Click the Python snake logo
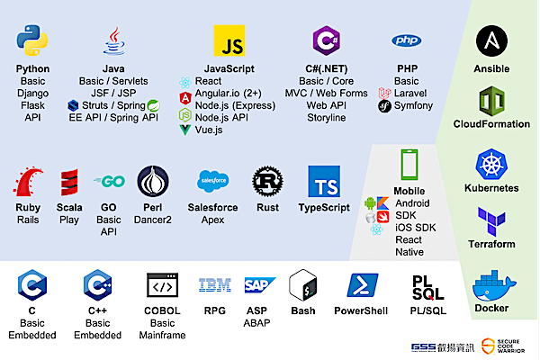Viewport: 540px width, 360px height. tap(32, 41)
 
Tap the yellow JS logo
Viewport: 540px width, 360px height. tap(229, 41)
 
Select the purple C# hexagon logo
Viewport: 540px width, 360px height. tap(325, 41)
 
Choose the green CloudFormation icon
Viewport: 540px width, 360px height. tap(491, 100)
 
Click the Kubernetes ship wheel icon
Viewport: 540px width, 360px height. tap(491, 165)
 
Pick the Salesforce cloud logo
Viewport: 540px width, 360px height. tap(211, 181)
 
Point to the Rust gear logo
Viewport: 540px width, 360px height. tap(267, 181)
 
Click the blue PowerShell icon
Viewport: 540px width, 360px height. tap(360, 286)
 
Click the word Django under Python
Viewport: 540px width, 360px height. tap(32, 93)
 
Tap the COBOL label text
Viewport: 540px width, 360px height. tap(163, 310)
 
